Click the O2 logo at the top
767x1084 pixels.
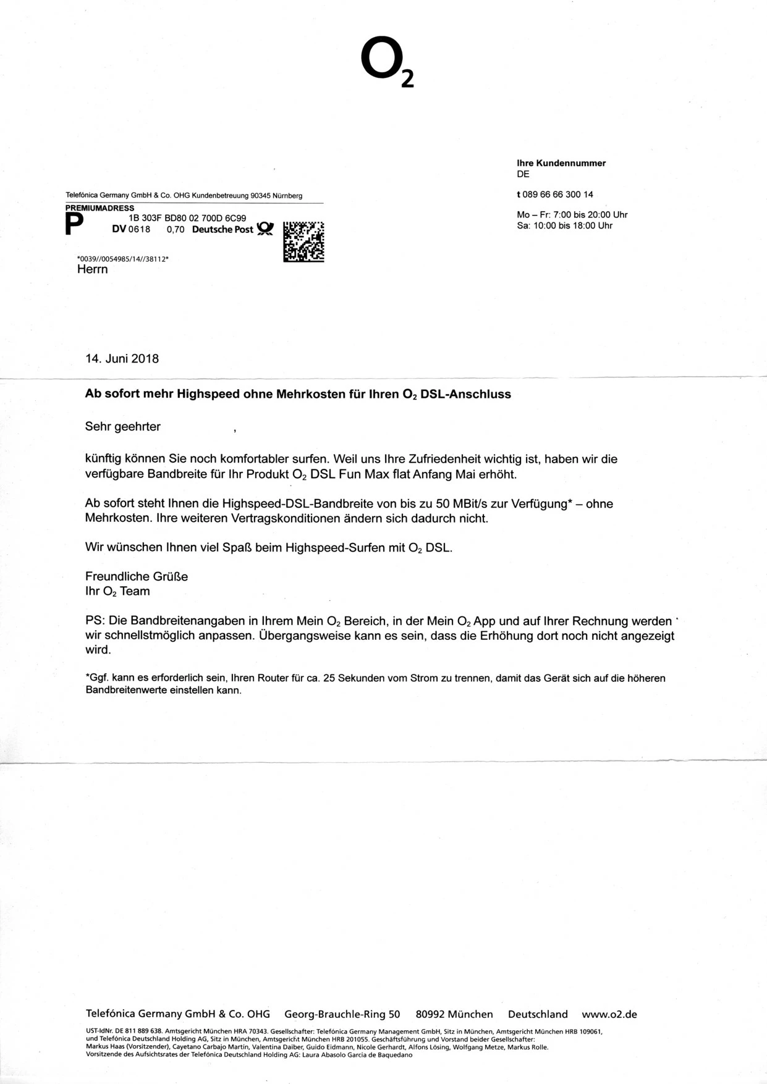pos(386,62)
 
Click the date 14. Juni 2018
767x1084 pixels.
pos(122,359)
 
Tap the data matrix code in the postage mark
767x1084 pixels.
pos(303,242)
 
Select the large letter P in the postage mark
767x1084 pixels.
pos(74,225)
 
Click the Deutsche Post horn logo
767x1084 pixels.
pos(265,229)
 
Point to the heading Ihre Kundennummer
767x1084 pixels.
pos(561,163)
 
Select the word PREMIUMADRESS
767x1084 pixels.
pos(100,208)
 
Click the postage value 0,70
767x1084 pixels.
pos(176,230)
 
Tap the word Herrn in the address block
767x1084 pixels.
pos(93,269)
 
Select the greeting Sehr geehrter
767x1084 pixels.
pos(123,427)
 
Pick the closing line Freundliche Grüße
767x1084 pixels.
pos(137,577)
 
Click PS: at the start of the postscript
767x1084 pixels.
pos(96,621)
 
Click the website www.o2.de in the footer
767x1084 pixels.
pos(609,1014)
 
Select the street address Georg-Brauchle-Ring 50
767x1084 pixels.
pos(342,1014)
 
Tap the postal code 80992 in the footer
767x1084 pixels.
pos(430,1014)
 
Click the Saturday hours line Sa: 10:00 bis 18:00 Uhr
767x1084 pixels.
pos(564,226)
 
